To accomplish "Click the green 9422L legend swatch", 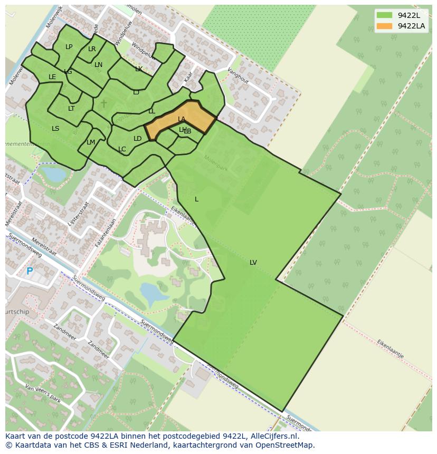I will [x=385, y=15].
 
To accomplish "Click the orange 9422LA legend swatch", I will [x=385, y=26].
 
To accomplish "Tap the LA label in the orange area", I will [x=182, y=119].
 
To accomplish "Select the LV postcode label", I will [x=253, y=263].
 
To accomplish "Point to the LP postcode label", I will [x=69, y=47].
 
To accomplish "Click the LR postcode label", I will [x=92, y=49].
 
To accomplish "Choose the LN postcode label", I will [x=99, y=65].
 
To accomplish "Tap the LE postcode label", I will [x=52, y=77].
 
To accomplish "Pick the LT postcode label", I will [x=71, y=109].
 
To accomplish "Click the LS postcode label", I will [x=55, y=128].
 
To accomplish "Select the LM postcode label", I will [x=91, y=142].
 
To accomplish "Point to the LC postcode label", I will [x=122, y=149].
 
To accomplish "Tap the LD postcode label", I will [x=138, y=139].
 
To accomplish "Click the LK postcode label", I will [x=139, y=69].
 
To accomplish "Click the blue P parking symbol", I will [x=30, y=272].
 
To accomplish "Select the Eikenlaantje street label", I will [x=390, y=349].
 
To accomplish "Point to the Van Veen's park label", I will [x=43, y=394].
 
